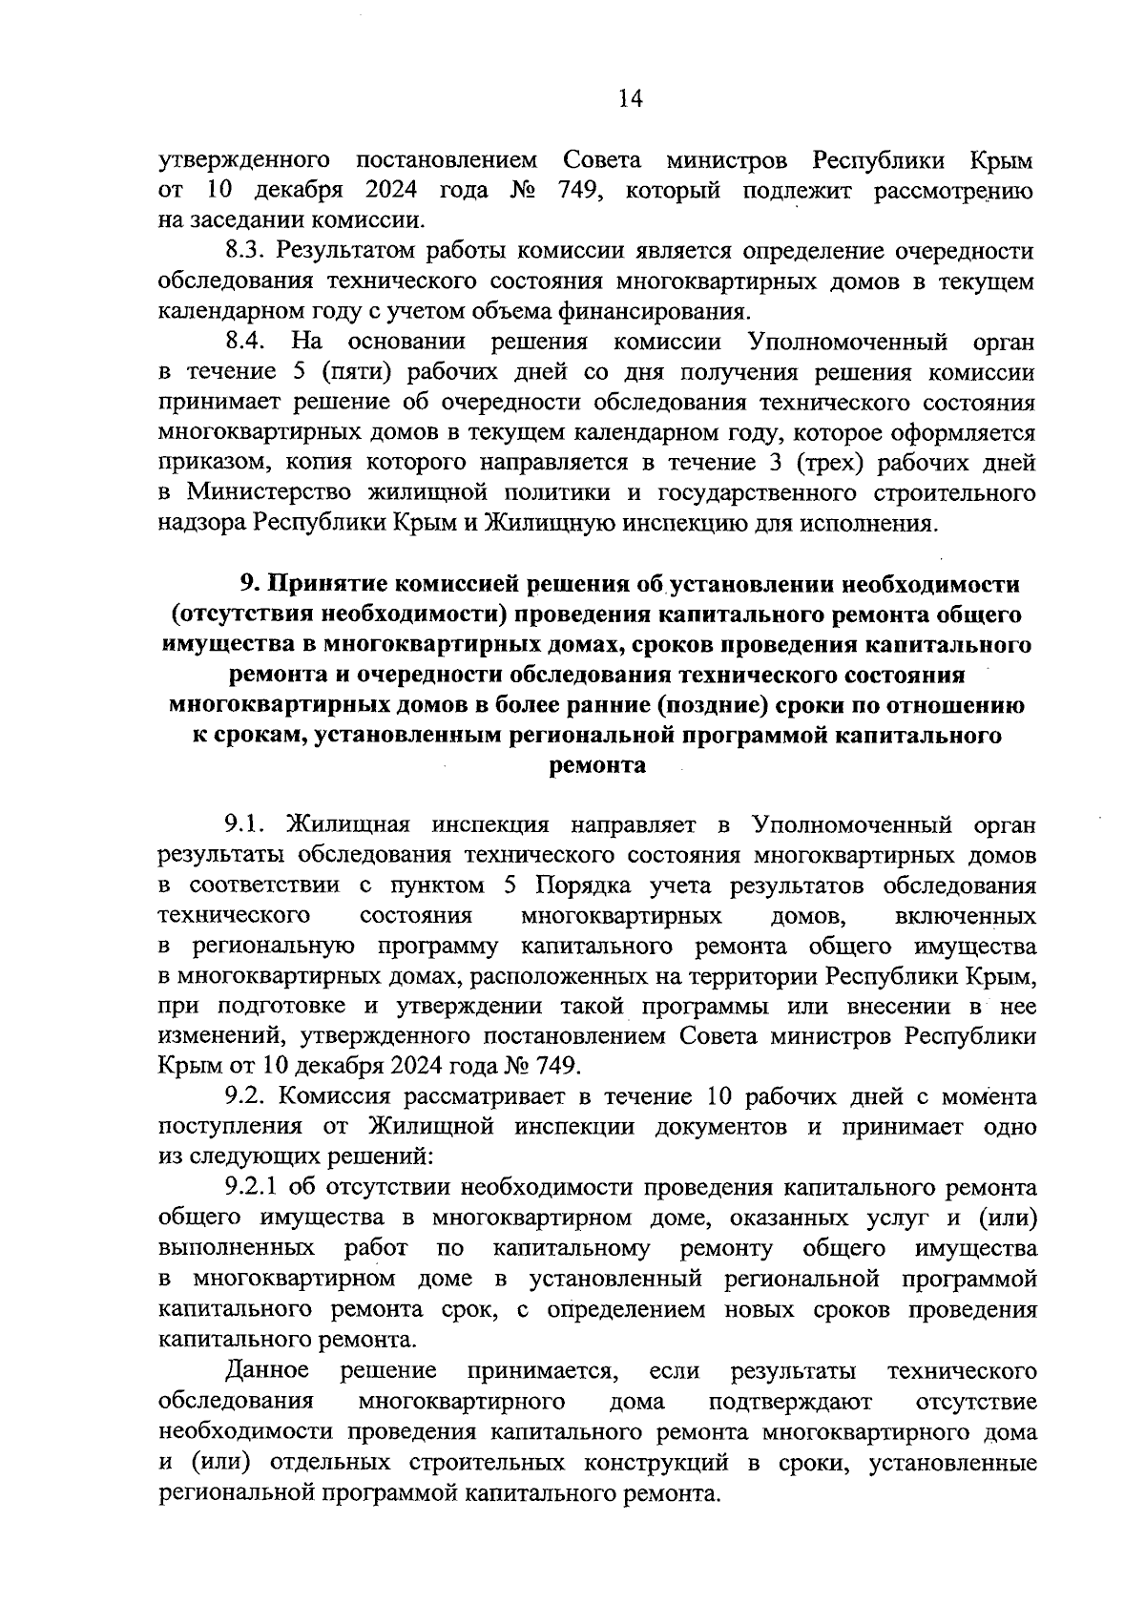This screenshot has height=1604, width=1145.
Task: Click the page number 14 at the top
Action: point(631,98)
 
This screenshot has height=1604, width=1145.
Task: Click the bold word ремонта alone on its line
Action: point(597,766)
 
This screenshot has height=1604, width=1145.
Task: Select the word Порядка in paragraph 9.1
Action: point(580,885)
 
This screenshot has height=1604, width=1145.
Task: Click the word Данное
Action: point(267,1370)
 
